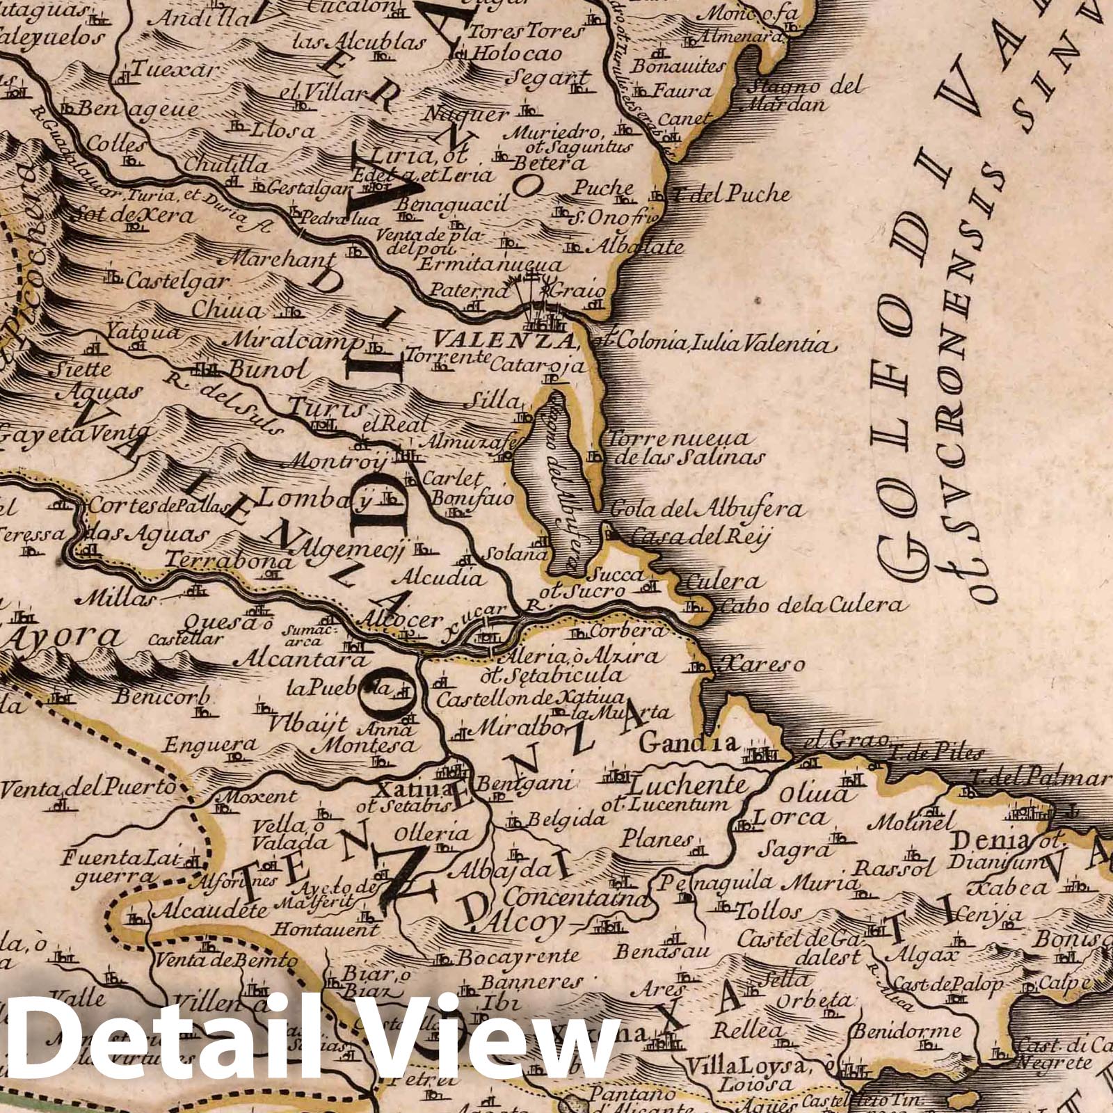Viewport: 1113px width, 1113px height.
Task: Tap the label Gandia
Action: click(688, 743)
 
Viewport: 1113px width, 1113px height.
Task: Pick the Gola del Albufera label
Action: click(707, 509)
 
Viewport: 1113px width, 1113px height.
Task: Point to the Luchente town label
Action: click(689, 786)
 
